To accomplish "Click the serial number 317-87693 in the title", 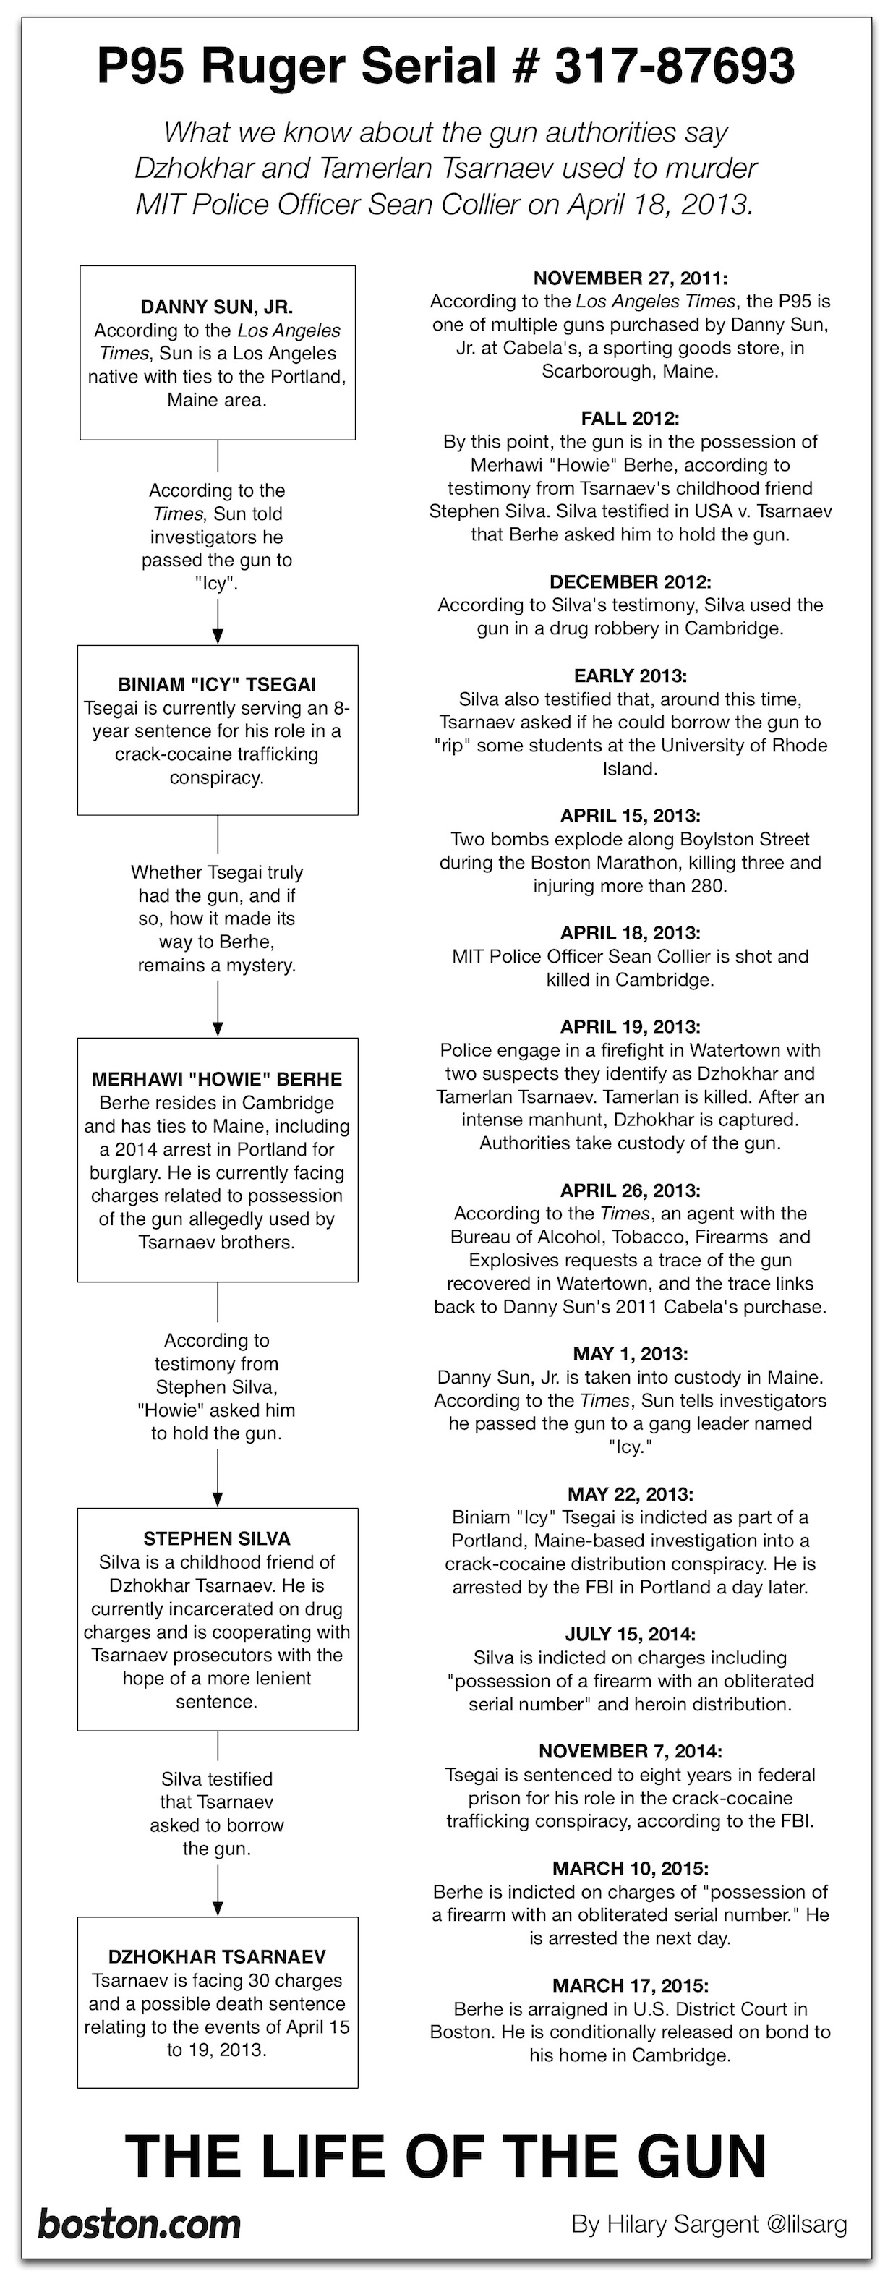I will tap(675, 67).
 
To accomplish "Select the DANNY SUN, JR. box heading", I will tap(216, 307).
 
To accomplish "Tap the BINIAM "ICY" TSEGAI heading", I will tap(216, 684).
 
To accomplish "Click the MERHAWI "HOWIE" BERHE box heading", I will tap(216, 1079).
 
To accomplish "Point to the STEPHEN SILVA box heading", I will tap(216, 1538).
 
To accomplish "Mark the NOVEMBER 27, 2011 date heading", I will tap(630, 278).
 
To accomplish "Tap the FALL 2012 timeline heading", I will tap(630, 417).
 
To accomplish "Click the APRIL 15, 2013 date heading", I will tap(630, 816).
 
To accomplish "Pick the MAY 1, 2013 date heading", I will tap(630, 1353).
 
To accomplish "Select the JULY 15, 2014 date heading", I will tap(630, 1633).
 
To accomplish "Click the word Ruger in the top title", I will tap(277, 67).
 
